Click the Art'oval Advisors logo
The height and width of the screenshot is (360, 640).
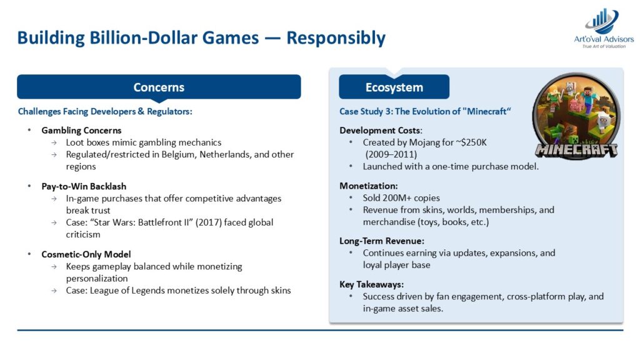click(x=604, y=29)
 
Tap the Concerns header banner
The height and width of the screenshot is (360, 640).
click(x=159, y=87)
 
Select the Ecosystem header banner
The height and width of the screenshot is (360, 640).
click(x=394, y=87)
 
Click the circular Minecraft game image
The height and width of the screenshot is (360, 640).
click(x=576, y=116)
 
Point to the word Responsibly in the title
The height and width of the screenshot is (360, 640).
click(x=336, y=38)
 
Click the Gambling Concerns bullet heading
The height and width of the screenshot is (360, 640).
click(x=81, y=131)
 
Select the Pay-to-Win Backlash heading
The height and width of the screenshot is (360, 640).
click(x=84, y=186)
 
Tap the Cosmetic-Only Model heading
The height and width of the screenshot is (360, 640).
click(x=86, y=255)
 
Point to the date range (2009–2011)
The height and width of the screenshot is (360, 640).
click(x=391, y=155)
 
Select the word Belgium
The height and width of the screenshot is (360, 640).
click(x=179, y=155)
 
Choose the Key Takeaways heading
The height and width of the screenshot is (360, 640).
click(x=371, y=284)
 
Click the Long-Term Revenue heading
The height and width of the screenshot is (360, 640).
click(x=382, y=241)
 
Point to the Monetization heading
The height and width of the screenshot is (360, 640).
click(x=369, y=186)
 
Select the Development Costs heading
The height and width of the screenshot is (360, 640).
click(x=381, y=131)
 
